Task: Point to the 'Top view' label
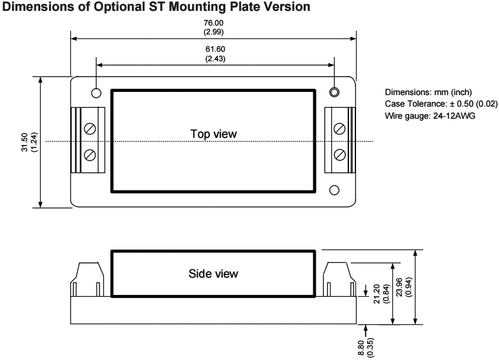(x=213, y=134)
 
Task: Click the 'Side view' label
(x=213, y=273)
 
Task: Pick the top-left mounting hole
(x=96, y=93)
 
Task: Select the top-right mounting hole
(x=334, y=93)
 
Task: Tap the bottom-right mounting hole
(x=334, y=190)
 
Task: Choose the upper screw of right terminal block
(x=339, y=128)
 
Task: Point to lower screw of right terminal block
(x=339, y=154)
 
